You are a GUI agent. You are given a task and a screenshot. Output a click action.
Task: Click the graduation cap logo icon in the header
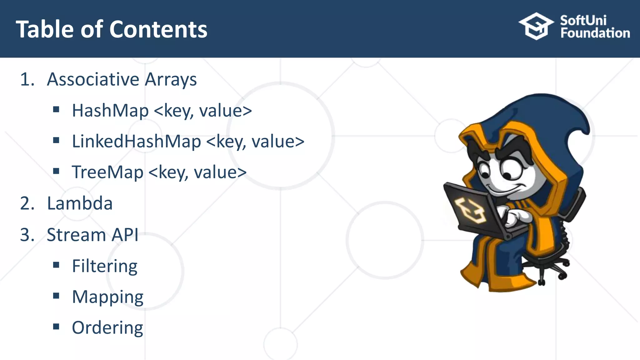point(536,26)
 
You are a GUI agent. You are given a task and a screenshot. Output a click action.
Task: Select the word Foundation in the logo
point(595,33)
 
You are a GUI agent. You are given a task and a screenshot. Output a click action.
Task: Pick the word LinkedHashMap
point(136,141)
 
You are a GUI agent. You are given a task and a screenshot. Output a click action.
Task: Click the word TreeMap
point(107,172)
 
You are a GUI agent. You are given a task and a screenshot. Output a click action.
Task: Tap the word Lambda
point(80,203)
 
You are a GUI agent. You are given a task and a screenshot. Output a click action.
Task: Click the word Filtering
point(104,266)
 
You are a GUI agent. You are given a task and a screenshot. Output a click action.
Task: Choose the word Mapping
point(107,297)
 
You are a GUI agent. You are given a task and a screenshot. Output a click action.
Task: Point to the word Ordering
point(107,328)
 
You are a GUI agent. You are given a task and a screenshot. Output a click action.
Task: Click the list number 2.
point(27,203)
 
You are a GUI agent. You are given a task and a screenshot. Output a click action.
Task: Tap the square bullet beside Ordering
point(56,327)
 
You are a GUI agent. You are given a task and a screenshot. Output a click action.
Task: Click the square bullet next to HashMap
point(56,109)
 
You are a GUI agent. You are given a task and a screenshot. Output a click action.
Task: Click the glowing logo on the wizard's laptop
point(470,210)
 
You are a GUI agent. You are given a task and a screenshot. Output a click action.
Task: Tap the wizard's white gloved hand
point(517,217)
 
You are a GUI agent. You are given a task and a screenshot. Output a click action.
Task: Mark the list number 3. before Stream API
point(27,235)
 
